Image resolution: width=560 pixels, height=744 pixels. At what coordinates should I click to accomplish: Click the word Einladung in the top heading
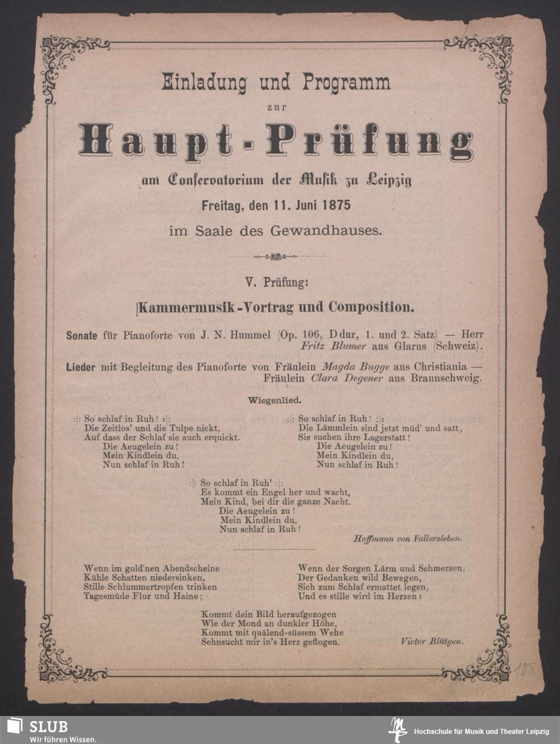204,82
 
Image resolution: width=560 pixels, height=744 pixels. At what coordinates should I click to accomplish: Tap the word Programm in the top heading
346,82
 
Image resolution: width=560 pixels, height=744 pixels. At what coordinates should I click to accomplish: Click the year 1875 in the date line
336,205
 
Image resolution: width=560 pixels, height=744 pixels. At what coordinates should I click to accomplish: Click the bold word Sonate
82,336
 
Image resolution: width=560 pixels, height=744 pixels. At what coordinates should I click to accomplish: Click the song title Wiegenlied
274,400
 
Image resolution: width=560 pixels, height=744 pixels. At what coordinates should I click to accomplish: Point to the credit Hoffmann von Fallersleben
408,539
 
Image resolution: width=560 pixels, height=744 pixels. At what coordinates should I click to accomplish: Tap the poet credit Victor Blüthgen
432,642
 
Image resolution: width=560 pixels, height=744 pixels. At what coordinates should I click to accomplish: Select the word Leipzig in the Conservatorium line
389,181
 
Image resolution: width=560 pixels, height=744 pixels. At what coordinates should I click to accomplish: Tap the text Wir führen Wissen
63,739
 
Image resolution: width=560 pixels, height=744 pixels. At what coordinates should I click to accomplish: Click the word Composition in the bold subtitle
371,307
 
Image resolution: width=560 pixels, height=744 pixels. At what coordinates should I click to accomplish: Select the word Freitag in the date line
221,205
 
